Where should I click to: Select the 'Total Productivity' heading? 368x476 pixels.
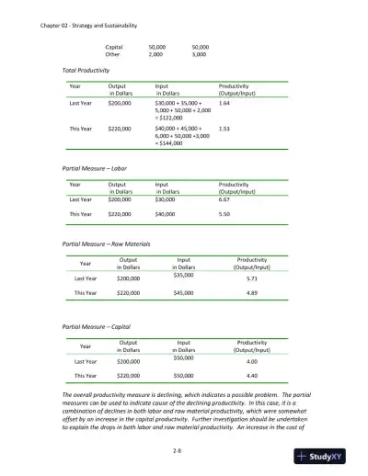tap(84, 70)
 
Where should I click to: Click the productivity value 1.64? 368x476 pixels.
tap(224, 104)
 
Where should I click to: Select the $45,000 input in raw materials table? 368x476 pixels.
tap(183, 294)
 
